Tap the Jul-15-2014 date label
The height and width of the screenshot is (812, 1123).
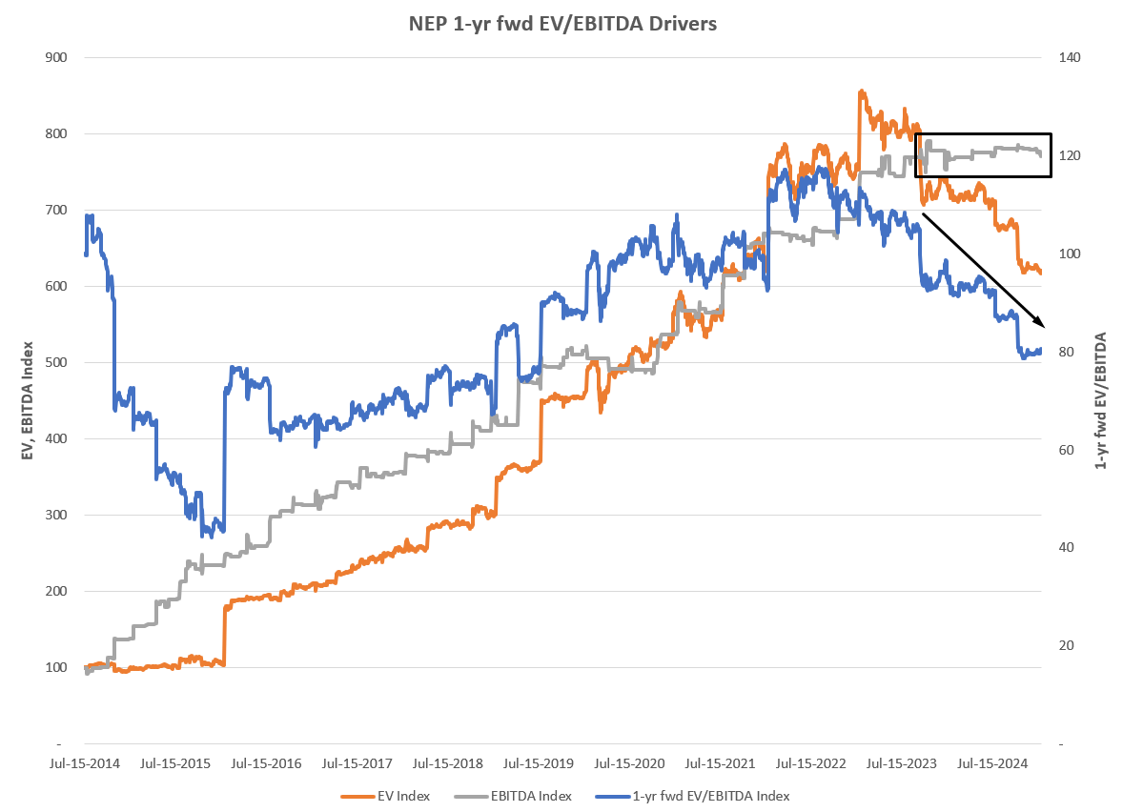(x=85, y=763)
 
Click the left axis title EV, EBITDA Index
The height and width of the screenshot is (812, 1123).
(x=28, y=400)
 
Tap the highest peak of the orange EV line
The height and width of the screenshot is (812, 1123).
(x=861, y=91)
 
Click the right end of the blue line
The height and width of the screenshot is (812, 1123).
(x=1041, y=350)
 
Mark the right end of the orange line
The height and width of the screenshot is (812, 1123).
(x=1041, y=273)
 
